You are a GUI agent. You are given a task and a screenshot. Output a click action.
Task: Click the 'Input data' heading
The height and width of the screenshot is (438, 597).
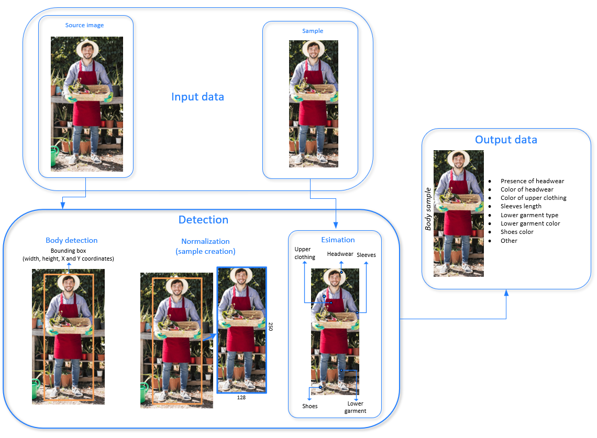[x=197, y=97]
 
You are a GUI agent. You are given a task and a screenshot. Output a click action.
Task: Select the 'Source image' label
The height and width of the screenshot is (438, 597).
[x=84, y=25]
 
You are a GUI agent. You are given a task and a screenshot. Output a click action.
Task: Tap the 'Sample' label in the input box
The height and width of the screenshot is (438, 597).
[x=313, y=31]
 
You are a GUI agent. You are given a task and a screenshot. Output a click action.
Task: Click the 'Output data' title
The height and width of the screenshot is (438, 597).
[x=506, y=140]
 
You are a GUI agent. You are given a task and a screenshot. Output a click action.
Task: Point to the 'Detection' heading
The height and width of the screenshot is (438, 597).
[x=203, y=220]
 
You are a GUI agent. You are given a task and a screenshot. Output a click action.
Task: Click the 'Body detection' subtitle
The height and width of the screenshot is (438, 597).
[x=72, y=241]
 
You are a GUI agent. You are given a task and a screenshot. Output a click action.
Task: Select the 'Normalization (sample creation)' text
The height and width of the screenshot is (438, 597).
[x=205, y=246]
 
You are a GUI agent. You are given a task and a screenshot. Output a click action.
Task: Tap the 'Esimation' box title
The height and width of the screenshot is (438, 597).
[x=338, y=240]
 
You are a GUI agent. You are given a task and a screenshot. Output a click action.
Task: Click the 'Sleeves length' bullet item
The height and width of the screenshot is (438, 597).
[x=521, y=206]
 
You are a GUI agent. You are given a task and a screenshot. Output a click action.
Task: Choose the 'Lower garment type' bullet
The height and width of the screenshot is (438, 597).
[x=529, y=215]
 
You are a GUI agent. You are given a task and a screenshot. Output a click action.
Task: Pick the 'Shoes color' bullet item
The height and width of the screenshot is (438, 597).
[x=516, y=232]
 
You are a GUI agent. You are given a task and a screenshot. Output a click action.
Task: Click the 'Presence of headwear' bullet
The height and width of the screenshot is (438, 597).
[x=532, y=181]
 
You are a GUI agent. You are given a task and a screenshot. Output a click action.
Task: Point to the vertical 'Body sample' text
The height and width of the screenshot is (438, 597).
[x=428, y=209]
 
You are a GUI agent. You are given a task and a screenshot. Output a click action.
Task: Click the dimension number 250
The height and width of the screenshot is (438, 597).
[x=271, y=327]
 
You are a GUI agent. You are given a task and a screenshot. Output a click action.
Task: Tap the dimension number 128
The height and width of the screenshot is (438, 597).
[x=241, y=398]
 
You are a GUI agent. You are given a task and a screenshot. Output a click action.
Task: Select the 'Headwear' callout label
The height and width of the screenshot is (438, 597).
[x=340, y=254]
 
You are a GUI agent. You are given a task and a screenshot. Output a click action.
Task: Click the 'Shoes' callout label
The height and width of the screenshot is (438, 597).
[x=309, y=406]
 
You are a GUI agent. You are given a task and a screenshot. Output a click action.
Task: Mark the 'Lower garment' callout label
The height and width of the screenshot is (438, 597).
[x=355, y=407]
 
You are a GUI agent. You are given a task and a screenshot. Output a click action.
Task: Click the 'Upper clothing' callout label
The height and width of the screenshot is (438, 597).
[x=305, y=253]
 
